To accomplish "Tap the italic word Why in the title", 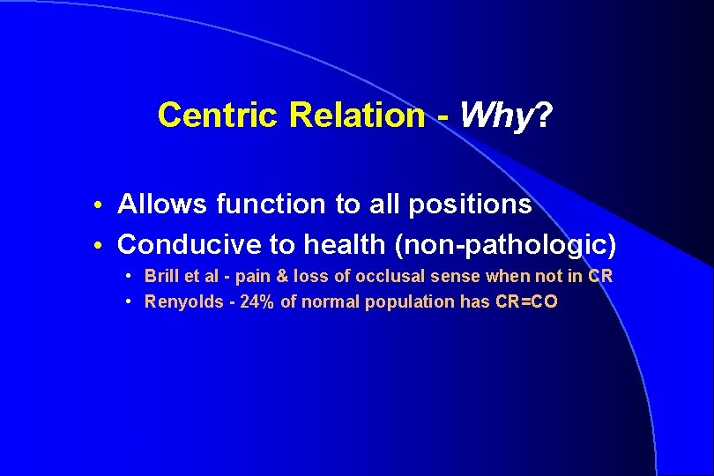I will click(496, 115).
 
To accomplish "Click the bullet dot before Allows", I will click(104, 206).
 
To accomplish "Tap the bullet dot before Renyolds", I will click(129, 302).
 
